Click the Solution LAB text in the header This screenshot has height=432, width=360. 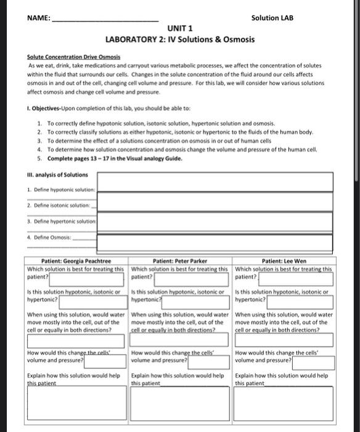tap(272, 17)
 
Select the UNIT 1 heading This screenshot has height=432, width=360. tap(180, 28)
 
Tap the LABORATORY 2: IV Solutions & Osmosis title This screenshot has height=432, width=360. tap(180, 40)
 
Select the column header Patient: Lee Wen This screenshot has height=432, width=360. tap(285, 261)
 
